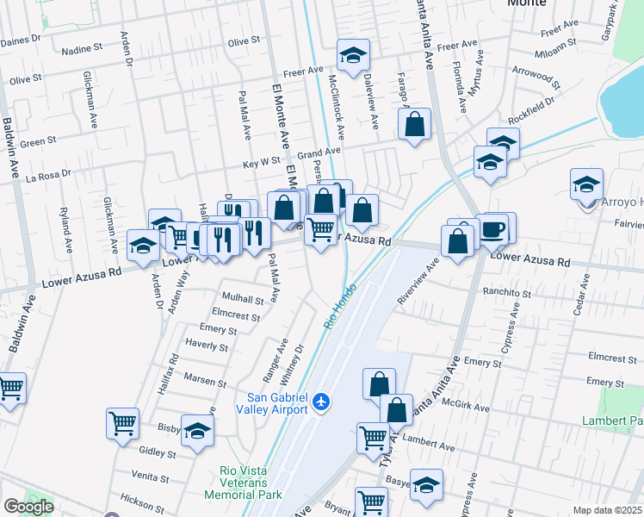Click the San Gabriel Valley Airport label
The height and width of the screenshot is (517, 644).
coord(277,402)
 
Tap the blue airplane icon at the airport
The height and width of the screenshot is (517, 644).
coord(321,402)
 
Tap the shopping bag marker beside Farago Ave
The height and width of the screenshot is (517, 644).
coord(414,124)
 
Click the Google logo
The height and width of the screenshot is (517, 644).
coord(28,507)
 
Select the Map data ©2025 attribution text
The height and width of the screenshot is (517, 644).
coord(608,510)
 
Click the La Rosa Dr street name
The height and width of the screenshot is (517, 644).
coord(48,175)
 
